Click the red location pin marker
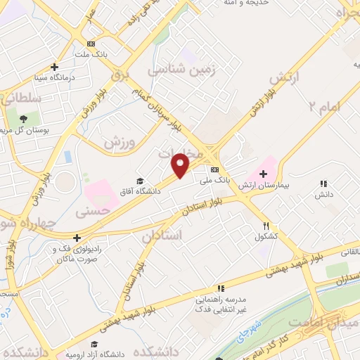[x=181, y=165]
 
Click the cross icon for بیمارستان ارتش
[x=264, y=173]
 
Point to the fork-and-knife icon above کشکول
[x=266, y=226]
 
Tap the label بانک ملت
[x=92, y=54]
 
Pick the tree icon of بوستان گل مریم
[x=25, y=118]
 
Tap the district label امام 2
[x=323, y=105]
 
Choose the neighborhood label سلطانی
[x=21, y=100]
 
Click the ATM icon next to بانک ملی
[x=214, y=170]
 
